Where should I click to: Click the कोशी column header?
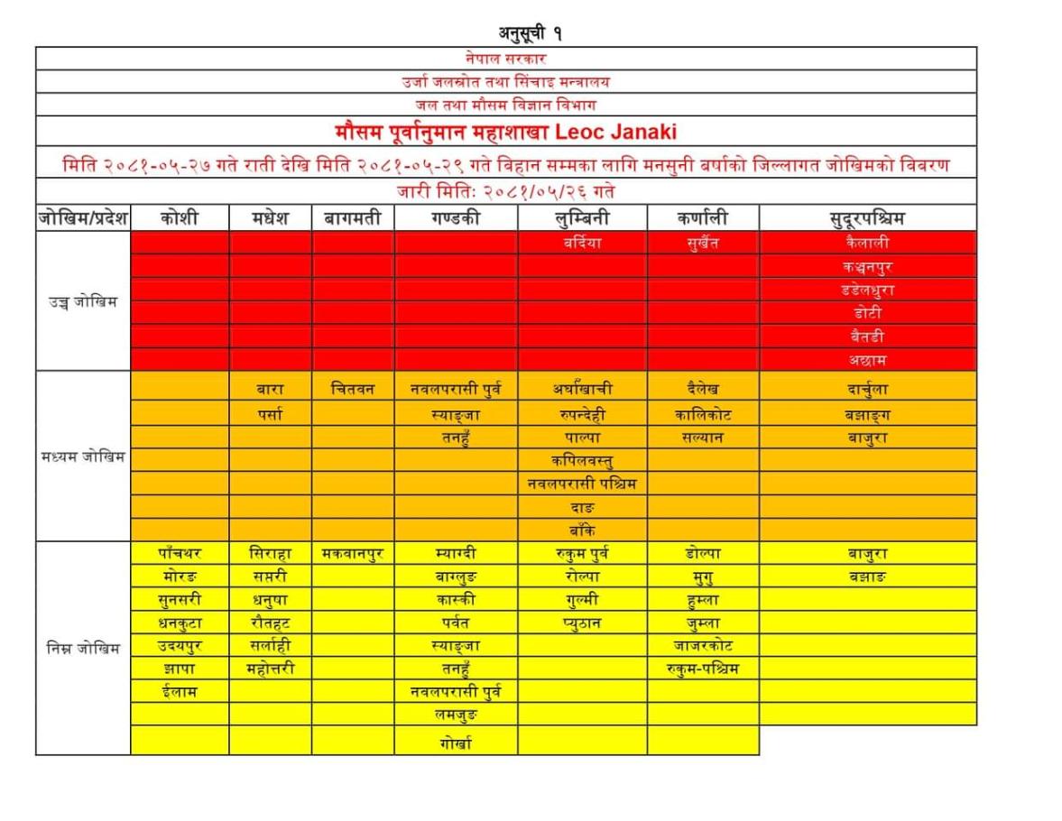[179, 218]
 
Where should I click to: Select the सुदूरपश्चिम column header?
[867, 218]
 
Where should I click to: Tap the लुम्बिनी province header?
[582, 218]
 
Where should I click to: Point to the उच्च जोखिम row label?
[83, 301]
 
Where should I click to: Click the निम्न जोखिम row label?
[83, 647]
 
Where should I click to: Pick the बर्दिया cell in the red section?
[582, 243]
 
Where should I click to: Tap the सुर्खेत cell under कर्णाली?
[702, 243]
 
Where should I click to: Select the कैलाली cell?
[867, 243]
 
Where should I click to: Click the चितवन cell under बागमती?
[353, 389]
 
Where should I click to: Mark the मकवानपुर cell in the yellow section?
[353, 553]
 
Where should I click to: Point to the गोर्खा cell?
[456, 743]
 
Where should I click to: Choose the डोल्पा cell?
[702, 553]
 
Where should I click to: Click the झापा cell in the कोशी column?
[179, 669]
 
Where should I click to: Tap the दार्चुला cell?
[867, 390]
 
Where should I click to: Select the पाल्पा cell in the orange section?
[582, 438]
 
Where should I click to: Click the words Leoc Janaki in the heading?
[616, 132]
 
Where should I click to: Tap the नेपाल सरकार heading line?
[506, 59]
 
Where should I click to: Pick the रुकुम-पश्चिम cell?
[702, 669]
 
